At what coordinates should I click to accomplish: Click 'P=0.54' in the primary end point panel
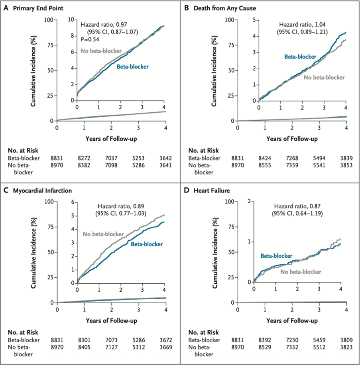tap(90, 39)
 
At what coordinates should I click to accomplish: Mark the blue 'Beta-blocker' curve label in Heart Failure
tap(276, 255)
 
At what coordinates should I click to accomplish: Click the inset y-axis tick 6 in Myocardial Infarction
tap(73, 202)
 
